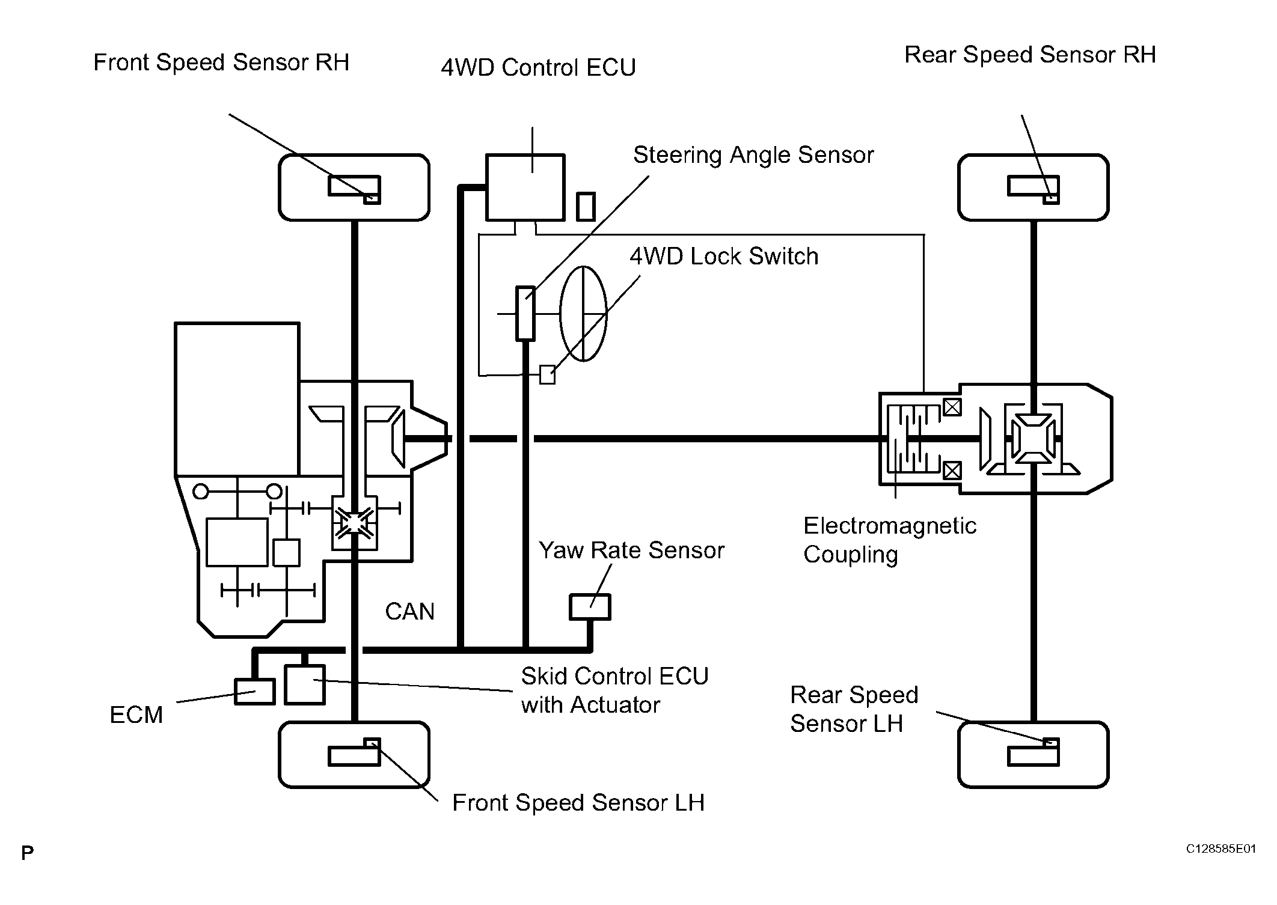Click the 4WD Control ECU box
click(525, 187)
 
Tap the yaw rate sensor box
click(590, 607)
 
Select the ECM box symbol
click(254, 692)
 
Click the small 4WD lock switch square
click(547, 375)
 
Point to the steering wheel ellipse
click(583, 313)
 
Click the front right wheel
click(354, 187)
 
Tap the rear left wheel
click(1033, 755)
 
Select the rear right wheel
click(1033, 187)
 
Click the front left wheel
click(354, 755)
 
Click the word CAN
click(409, 612)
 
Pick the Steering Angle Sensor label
click(753, 155)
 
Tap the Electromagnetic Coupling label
click(889, 540)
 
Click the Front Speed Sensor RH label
click(221, 62)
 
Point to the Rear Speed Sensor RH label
click(1030, 55)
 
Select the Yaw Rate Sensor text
click(631, 550)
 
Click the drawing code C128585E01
click(1220, 849)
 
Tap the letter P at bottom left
click(28, 853)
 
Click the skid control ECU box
click(305, 684)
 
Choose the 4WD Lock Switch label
click(724, 257)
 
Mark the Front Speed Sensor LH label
click(578, 803)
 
